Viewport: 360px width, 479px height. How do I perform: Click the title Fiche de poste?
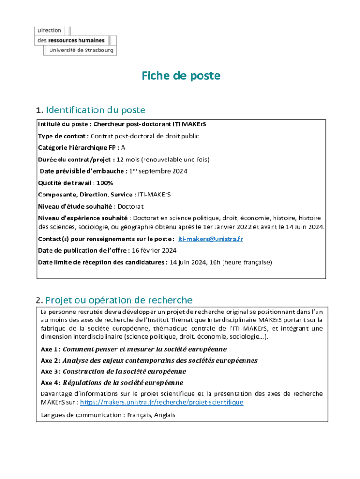pos(180,76)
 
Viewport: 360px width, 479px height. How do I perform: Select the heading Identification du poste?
pos(95,110)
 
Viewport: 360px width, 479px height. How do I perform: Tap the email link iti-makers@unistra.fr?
pos(210,239)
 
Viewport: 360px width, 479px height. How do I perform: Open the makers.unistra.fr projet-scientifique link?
pos(162,402)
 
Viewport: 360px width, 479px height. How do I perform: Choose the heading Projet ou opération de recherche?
pos(119,300)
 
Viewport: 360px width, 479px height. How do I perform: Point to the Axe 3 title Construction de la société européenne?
pos(124,371)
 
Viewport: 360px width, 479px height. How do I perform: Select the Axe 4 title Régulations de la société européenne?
pos(123,383)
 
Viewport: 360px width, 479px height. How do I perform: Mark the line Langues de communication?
pos(108,415)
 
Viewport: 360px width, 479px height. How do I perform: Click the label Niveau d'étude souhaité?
pos(77,206)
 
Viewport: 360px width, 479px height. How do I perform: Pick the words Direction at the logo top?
pos(49,30)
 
